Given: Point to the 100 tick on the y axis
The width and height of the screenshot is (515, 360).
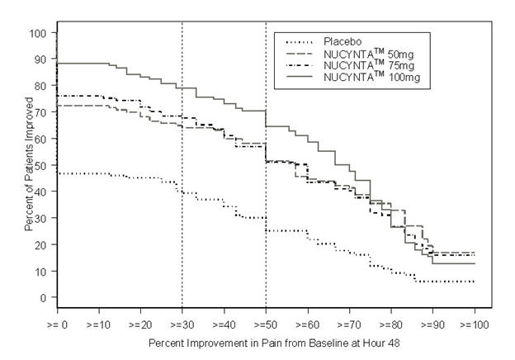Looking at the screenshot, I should (38, 33).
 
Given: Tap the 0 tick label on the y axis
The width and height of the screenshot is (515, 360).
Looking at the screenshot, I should (43, 297).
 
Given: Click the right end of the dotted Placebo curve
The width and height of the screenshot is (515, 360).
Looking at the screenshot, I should (475, 282).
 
